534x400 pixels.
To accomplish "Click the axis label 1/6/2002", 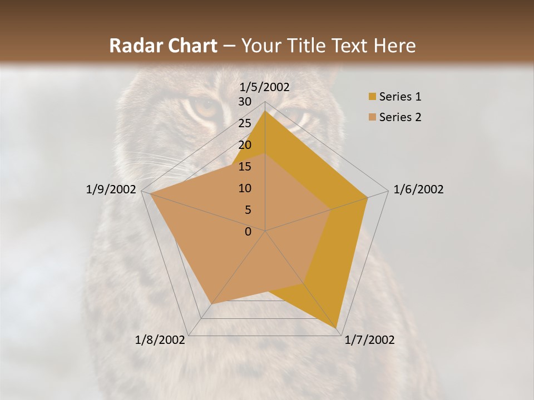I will point(418,189).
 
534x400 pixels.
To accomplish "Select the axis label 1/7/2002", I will point(369,340).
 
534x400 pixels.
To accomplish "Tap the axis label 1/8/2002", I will point(160,340).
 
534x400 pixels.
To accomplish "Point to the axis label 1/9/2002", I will point(111,189).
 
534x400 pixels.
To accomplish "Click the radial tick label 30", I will point(245,102).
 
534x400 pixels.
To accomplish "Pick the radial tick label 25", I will point(245,123).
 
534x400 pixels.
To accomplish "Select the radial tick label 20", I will point(245,145).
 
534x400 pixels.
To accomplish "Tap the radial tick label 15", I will point(245,167).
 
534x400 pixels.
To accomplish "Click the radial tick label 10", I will point(245,188).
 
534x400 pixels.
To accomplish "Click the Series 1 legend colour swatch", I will point(372,97).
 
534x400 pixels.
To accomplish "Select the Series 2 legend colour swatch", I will point(372,117).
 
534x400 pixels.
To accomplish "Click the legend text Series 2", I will point(400,117).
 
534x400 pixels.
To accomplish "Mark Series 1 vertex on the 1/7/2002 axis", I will point(338,327).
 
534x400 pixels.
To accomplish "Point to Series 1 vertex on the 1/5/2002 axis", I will point(265,111).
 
